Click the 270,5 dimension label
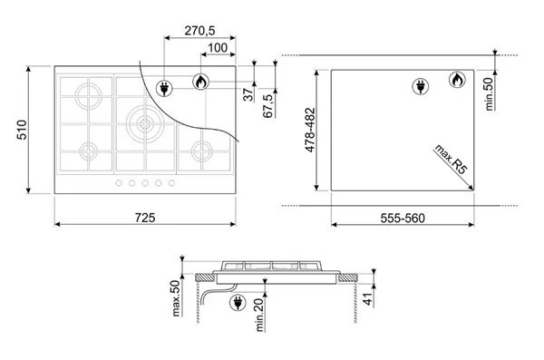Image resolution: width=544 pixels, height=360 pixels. pyautogui.click(x=199, y=31)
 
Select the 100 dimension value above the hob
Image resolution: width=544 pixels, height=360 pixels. pyautogui.click(x=218, y=47)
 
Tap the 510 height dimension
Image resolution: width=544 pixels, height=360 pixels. pyautogui.click(x=22, y=130)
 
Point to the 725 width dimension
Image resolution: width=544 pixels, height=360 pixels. pyautogui.click(x=145, y=218)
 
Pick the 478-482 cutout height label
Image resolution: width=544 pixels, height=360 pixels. pyautogui.click(x=310, y=130)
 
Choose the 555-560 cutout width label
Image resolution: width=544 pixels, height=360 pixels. pyautogui.click(x=403, y=218)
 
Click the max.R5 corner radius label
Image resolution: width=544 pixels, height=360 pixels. pyautogui.click(x=451, y=159)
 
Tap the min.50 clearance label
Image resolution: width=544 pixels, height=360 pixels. pyautogui.click(x=489, y=93)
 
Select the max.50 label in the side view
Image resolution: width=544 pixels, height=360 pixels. pyautogui.click(x=176, y=298)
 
